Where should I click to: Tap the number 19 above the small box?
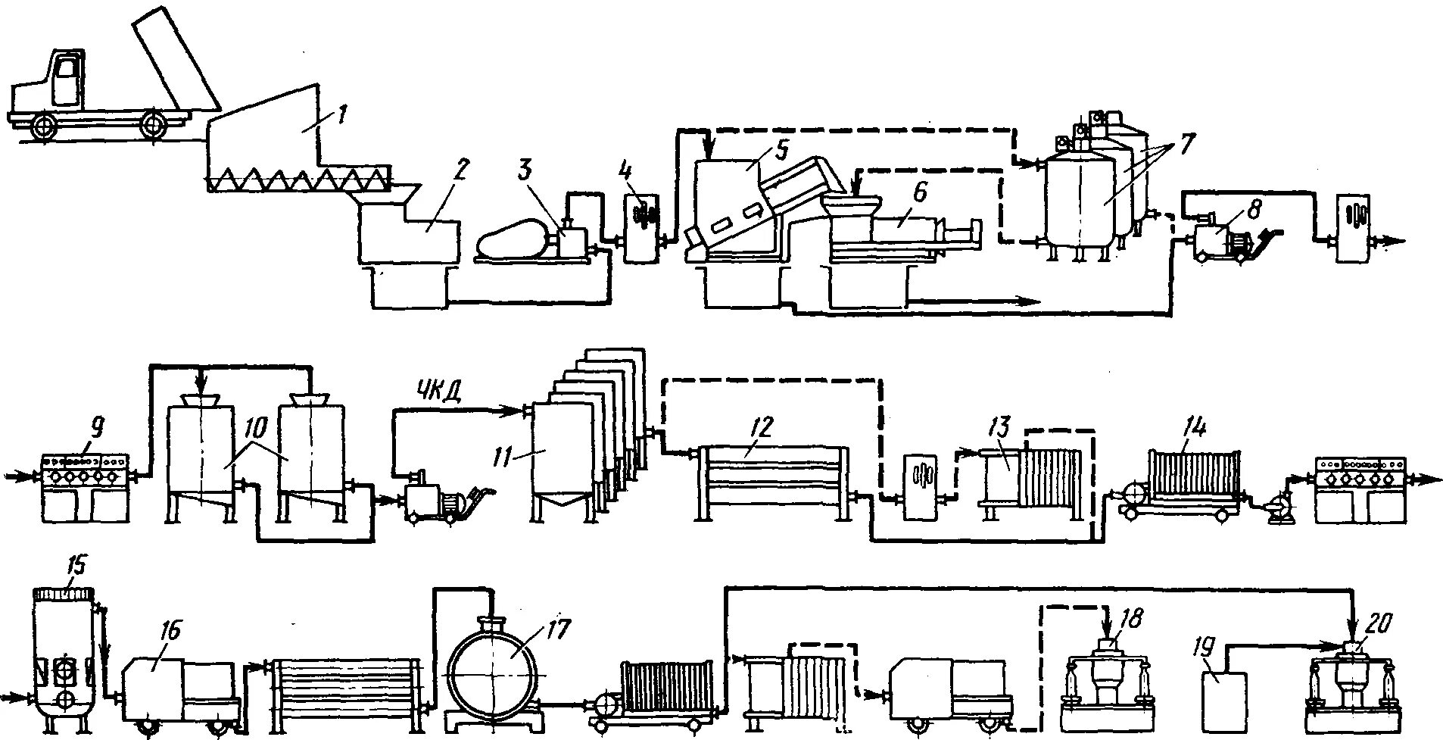coord(1211,646)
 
